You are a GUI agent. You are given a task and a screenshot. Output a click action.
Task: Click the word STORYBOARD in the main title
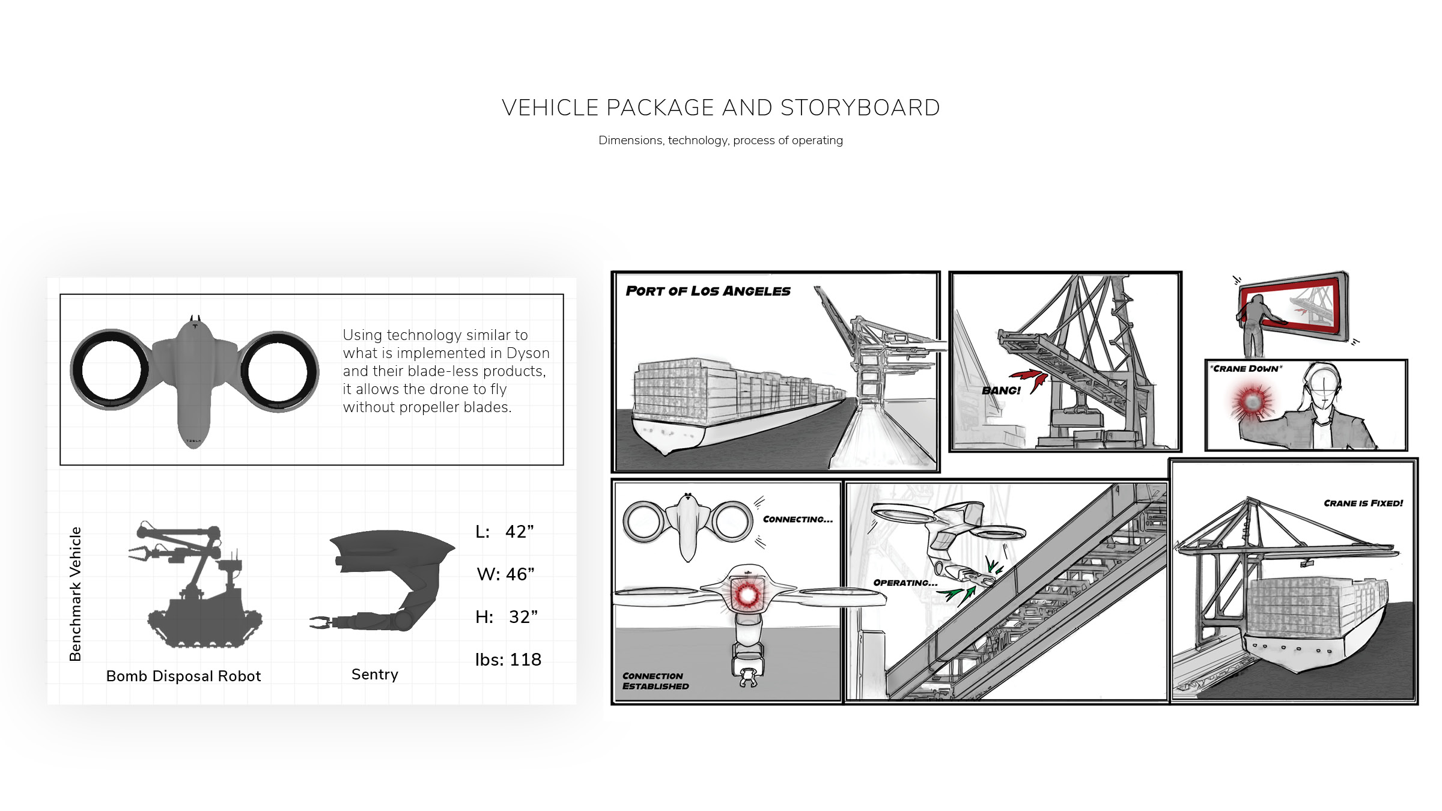[x=860, y=108]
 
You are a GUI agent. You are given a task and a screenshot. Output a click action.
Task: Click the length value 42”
[x=520, y=532]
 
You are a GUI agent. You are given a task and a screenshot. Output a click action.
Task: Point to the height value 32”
[x=523, y=618]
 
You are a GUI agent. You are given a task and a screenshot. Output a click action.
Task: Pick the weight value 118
[x=526, y=660]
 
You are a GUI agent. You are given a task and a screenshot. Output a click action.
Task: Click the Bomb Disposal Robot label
[x=184, y=676]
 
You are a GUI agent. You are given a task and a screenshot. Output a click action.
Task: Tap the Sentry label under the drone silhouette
[x=375, y=675]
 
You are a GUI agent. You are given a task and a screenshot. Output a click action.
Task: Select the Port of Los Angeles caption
[x=708, y=291]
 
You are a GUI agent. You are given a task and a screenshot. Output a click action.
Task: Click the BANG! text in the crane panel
[x=1001, y=390]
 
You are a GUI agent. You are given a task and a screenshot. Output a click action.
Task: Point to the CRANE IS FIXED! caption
[x=1363, y=503]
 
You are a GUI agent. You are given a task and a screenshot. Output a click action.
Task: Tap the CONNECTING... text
[x=798, y=520]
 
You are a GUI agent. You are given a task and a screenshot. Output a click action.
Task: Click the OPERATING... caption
[x=905, y=583]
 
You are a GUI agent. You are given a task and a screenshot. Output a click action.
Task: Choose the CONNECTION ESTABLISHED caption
[x=656, y=681]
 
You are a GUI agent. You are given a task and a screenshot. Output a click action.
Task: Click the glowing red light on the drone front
[x=747, y=595]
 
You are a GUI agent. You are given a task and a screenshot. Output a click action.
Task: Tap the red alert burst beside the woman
[x=1251, y=401]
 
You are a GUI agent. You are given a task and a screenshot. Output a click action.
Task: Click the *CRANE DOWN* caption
[x=1246, y=369]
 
